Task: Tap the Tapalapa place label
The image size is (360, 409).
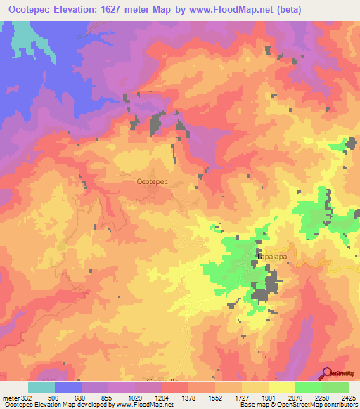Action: tap(273, 257)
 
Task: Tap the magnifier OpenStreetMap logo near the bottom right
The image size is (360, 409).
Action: tap(327, 372)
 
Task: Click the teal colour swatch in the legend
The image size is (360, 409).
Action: tap(41, 388)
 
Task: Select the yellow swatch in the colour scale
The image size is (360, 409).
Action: tap(282, 388)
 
